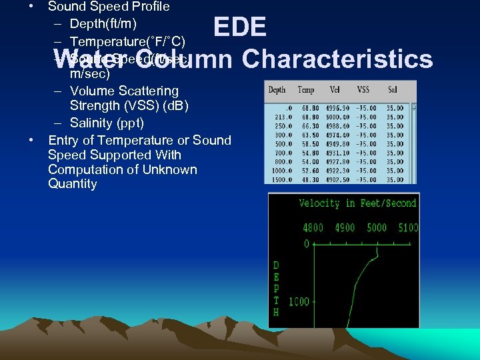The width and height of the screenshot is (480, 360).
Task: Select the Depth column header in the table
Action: [277, 90]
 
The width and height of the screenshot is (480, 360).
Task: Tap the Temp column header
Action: [306, 90]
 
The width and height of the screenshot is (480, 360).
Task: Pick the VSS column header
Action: [363, 90]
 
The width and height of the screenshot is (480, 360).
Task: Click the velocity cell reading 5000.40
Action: [337, 117]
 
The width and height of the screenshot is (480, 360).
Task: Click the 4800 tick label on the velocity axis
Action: [313, 228]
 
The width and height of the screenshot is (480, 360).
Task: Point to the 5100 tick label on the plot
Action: [407, 228]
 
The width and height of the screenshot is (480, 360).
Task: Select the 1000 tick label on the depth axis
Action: [299, 302]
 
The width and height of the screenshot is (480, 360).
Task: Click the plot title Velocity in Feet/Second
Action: [357, 203]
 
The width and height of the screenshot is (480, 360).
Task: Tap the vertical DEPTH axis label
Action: [276, 289]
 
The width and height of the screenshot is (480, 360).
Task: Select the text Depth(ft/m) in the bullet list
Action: [103, 25]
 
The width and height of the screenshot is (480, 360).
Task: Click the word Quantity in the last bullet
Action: [73, 184]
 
